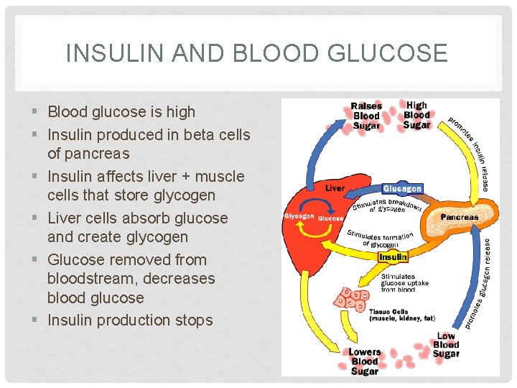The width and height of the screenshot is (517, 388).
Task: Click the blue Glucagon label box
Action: [x=402, y=189]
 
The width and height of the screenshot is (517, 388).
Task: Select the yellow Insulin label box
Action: [x=393, y=257]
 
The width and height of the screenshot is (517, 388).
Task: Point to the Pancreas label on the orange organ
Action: [x=460, y=216]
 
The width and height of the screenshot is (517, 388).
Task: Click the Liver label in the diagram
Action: [x=335, y=188]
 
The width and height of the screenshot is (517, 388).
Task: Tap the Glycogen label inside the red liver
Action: [x=299, y=216]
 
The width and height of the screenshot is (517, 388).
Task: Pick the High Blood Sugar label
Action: [x=416, y=115]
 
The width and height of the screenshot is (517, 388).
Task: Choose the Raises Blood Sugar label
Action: [x=366, y=116]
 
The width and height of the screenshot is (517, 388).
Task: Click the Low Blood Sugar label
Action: [x=446, y=345]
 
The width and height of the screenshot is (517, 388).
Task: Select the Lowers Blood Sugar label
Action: [x=365, y=361]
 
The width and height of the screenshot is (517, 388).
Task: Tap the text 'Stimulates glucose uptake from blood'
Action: [x=404, y=282]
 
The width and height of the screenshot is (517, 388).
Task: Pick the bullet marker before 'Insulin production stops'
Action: [x=36, y=320]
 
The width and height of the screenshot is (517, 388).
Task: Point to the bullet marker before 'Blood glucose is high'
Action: [x=36, y=112]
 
